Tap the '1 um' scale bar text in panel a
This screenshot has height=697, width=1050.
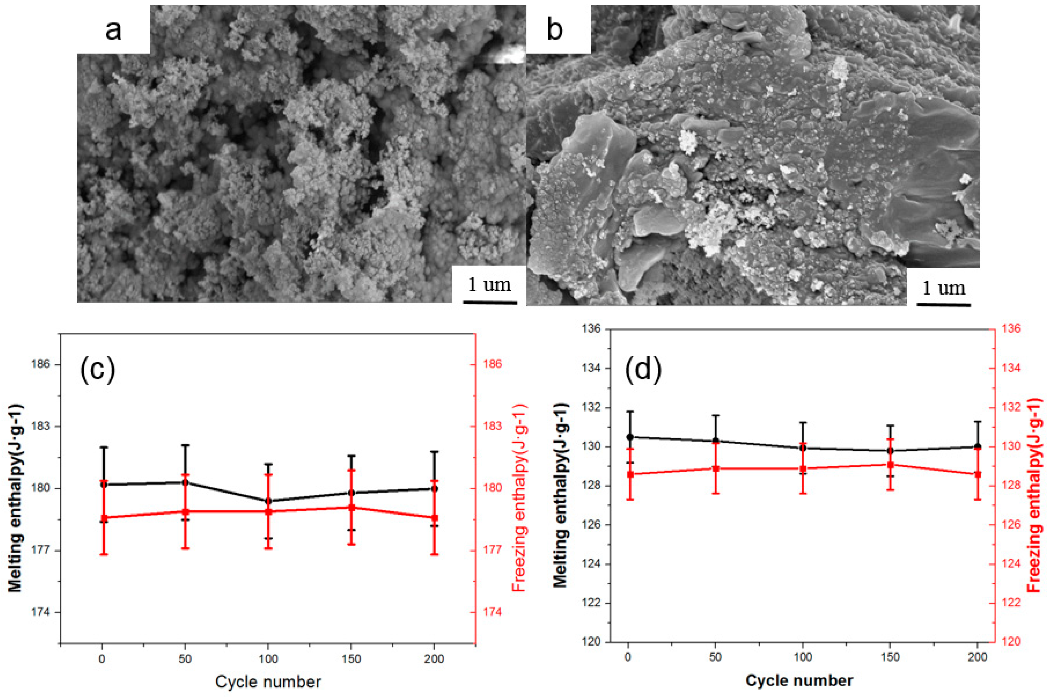tap(490, 284)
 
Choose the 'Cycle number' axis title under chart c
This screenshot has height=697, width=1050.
tap(268, 682)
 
